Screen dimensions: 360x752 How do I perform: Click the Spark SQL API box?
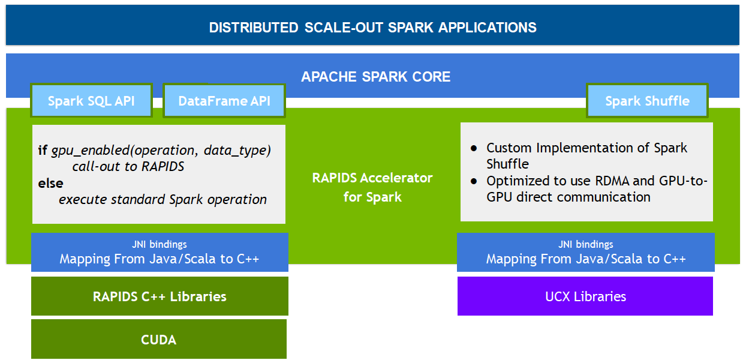point(91,101)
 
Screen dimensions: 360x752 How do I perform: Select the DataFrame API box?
point(224,101)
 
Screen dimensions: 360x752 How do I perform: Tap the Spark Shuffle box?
point(647,101)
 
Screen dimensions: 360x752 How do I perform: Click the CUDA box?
point(159,340)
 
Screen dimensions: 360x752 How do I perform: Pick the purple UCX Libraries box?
point(585,296)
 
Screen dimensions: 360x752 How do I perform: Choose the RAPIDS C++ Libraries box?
point(160,296)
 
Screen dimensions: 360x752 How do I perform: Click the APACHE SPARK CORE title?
point(375,77)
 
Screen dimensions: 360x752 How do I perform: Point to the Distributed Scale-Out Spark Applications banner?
point(372,28)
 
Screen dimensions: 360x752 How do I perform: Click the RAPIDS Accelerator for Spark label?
point(372,187)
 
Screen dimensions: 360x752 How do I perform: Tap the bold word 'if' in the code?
point(42,151)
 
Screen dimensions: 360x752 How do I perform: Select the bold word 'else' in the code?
point(50,183)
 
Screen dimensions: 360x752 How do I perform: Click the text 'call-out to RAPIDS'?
point(128,167)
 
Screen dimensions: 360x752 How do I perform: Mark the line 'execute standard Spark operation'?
point(163,199)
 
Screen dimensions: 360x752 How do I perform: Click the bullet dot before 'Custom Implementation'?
point(474,148)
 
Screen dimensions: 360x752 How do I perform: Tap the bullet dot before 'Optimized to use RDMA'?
point(474,181)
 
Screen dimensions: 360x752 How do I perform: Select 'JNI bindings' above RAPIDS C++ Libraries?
point(160,244)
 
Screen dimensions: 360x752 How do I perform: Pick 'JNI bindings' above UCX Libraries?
point(586,244)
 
